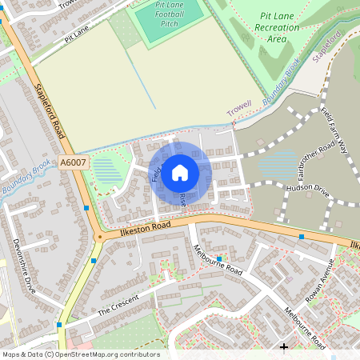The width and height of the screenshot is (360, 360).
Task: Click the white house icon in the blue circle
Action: click(x=180, y=172)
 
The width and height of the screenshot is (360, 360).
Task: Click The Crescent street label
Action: click(x=118, y=304)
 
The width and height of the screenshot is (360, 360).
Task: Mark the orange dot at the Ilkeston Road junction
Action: click(x=99, y=237)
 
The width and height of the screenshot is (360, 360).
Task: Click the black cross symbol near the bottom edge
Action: click(x=284, y=346)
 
